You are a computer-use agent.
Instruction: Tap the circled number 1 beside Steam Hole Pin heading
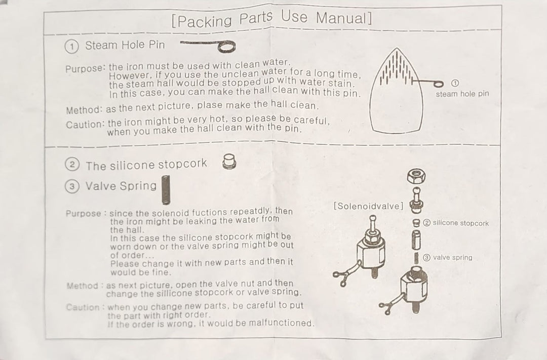(x=71, y=47)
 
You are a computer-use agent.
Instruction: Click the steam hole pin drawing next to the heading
(x=208, y=46)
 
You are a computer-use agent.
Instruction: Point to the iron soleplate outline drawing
(x=397, y=91)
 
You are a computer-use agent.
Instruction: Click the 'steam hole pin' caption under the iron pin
(x=462, y=94)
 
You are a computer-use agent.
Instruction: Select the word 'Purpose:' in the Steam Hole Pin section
(x=85, y=68)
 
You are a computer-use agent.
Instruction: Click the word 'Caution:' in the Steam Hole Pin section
(x=85, y=125)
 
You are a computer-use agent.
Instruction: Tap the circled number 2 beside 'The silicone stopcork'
(x=72, y=164)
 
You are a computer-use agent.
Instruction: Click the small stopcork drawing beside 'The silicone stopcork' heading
(x=229, y=162)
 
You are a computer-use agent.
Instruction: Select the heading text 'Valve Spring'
(x=121, y=186)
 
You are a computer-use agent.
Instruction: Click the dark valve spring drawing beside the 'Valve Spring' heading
(x=166, y=190)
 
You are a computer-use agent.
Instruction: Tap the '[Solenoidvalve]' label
(x=368, y=206)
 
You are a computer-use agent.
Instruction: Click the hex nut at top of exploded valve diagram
(x=416, y=176)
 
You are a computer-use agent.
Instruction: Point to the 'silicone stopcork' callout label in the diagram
(x=460, y=223)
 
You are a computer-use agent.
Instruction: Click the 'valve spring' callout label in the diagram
(x=452, y=257)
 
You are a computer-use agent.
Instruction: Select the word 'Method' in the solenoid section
(x=83, y=286)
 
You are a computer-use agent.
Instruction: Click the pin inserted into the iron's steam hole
(x=427, y=83)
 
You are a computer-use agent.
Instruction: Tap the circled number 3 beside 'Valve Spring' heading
(x=72, y=186)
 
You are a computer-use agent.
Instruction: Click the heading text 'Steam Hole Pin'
(x=125, y=45)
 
